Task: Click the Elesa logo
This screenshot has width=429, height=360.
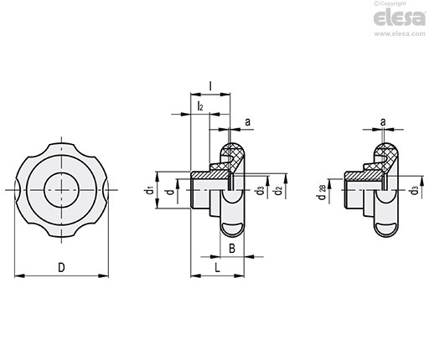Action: (400, 18)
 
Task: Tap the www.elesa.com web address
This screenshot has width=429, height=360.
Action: (400, 33)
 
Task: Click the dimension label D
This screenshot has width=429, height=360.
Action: (61, 267)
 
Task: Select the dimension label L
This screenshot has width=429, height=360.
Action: (217, 268)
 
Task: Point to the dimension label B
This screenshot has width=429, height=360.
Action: (232, 248)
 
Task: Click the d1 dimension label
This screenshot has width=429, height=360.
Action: (149, 191)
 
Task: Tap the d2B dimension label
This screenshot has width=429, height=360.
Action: (322, 193)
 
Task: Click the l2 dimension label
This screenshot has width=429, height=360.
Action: (200, 106)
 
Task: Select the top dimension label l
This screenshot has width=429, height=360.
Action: (210, 86)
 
